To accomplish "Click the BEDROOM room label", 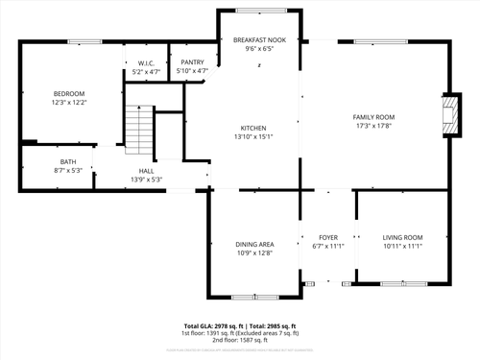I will pos(68,93).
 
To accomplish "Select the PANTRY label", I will pos(193,63).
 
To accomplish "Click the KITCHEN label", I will pos(253,128).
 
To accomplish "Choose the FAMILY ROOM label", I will pos(374,117).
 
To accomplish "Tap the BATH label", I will pos(68,161).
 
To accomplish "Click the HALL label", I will pos(146,171).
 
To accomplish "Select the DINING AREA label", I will pos(254,245).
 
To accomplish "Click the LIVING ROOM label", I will pos(402,237).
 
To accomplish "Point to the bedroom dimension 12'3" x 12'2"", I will pos(68,101).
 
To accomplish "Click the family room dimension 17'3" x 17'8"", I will pos(374,125).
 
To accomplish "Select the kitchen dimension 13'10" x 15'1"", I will pos(253,135).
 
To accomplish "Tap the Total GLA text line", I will pos(240,325).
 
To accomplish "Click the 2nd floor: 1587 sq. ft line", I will pos(240,339).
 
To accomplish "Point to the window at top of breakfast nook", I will pos(260,11).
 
